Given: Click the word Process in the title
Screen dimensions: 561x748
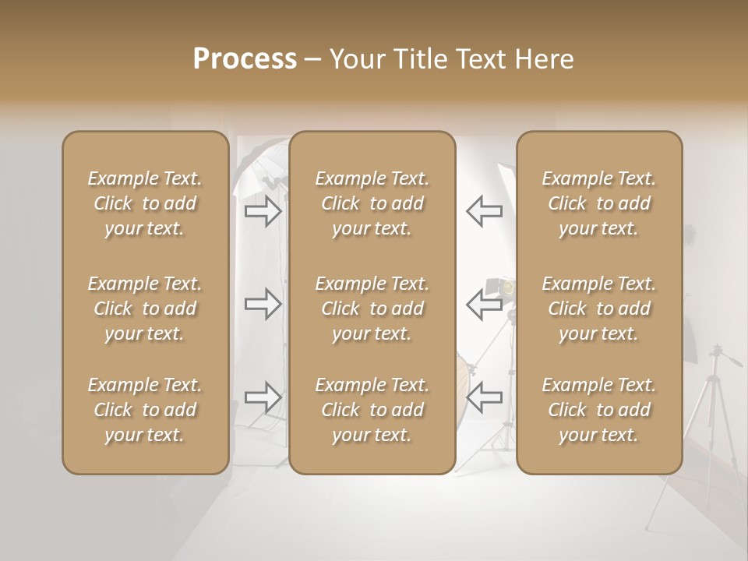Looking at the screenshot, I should coord(245,59).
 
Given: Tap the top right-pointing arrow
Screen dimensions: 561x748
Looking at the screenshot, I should coord(263,211).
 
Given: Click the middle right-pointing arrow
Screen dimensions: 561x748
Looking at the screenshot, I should coord(263,304).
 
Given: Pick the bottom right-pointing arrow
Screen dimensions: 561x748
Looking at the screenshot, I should coord(263,397).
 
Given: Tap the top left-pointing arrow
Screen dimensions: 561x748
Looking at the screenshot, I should coord(484,211).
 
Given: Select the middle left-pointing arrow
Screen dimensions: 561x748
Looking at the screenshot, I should coord(484,304).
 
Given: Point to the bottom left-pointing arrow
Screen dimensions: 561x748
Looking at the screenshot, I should coord(484,397).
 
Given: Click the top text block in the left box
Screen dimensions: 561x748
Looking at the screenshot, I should coord(145,203).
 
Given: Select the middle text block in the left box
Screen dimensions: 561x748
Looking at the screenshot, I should coord(145,309).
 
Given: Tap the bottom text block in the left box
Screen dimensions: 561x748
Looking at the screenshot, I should coord(145,410).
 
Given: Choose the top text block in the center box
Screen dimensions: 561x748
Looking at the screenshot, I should coord(372,203).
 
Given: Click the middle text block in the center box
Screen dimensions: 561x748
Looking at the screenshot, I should coord(372,309).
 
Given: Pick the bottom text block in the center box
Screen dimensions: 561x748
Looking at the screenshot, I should coord(372,410).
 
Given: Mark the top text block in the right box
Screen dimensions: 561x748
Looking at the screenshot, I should coord(598,203).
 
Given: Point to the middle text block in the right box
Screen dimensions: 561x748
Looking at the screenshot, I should coord(598,309).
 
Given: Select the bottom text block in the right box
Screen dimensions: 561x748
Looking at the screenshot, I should coord(598,410).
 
